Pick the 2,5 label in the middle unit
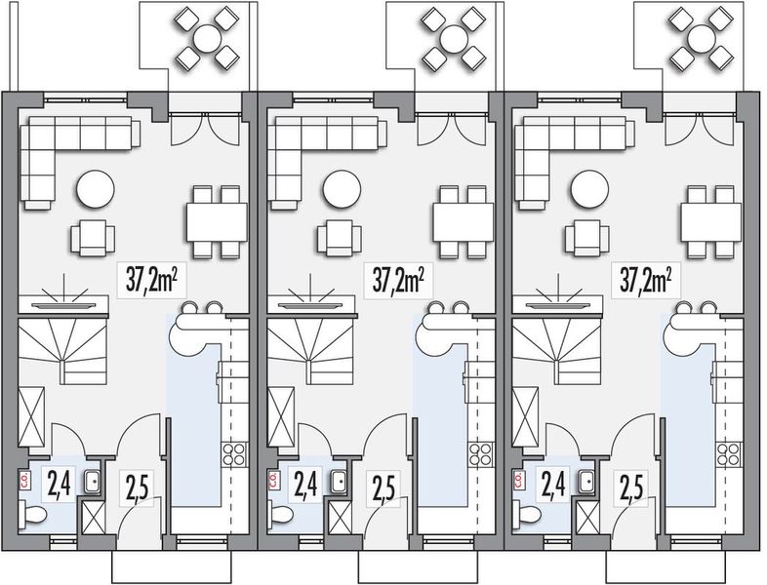[x=383, y=486]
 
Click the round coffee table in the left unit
[x=95, y=189]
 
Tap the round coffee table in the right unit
[x=589, y=189]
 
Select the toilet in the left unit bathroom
[x=35, y=514]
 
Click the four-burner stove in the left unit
[x=234, y=452]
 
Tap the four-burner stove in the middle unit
[x=481, y=452]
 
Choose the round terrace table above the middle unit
[x=454, y=38]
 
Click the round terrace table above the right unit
[x=701, y=38]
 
